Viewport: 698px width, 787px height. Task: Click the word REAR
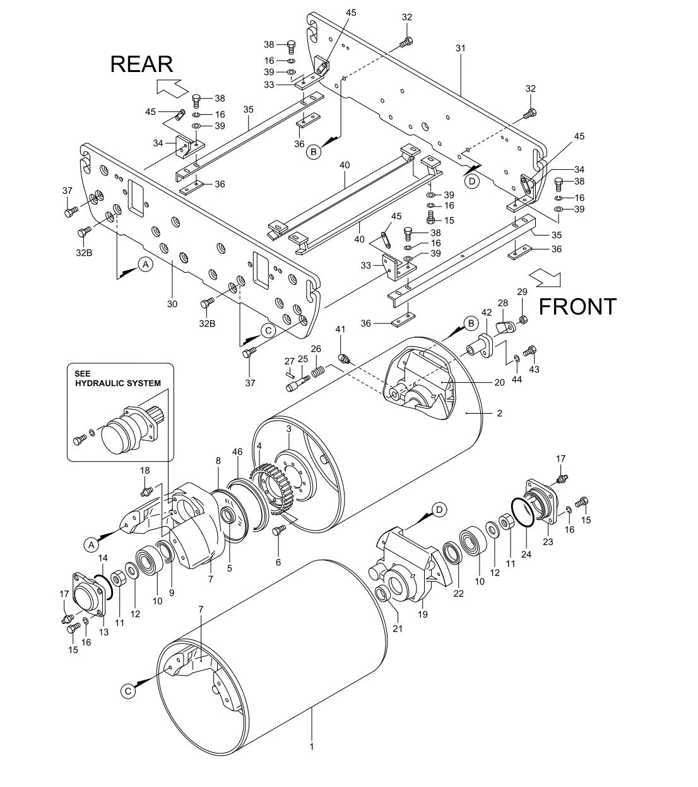pyautogui.click(x=141, y=64)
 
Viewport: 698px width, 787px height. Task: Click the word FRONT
pyautogui.click(x=577, y=306)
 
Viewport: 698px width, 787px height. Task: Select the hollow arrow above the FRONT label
pyautogui.click(x=544, y=277)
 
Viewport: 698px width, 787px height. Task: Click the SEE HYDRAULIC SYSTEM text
pyautogui.click(x=117, y=378)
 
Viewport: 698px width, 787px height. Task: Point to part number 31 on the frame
pyautogui.click(x=460, y=49)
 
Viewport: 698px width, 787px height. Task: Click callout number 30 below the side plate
pyautogui.click(x=172, y=304)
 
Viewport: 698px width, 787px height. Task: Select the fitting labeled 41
pyautogui.click(x=345, y=359)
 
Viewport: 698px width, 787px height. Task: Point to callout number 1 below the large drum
pyautogui.click(x=311, y=746)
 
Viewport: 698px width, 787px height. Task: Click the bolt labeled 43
pyautogui.click(x=530, y=350)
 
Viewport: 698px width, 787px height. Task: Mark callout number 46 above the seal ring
pyautogui.click(x=237, y=453)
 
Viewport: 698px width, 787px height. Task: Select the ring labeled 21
pyautogui.click(x=382, y=594)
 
